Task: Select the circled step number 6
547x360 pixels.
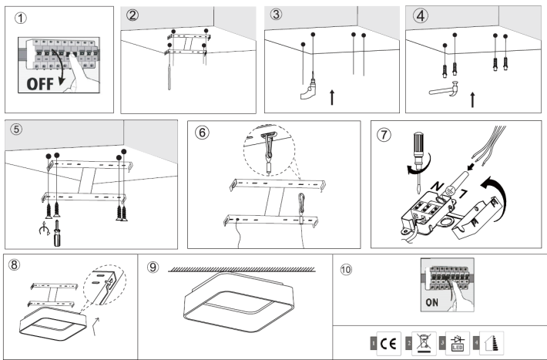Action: (203, 133)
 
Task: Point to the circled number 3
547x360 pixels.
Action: (276, 15)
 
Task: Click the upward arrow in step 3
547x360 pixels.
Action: (332, 96)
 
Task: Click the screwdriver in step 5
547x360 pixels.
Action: (56, 230)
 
